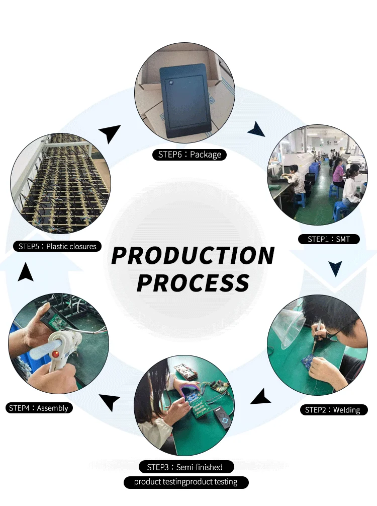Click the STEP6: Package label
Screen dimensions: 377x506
click(190, 155)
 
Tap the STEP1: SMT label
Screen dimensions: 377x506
click(329, 239)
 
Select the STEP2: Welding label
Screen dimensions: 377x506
click(332, 410)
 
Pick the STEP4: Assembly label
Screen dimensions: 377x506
click(38, 408)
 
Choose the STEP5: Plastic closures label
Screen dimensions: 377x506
click(57, 246)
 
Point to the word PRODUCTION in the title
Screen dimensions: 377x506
click(193, 255)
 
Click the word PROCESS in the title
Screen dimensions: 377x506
click(193, 282)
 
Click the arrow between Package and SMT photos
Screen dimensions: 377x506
click(257, 129)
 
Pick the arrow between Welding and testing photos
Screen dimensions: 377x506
click(261, 398)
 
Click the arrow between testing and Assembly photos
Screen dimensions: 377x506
click(110, 401)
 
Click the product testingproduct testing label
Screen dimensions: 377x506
click(185, 482)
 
